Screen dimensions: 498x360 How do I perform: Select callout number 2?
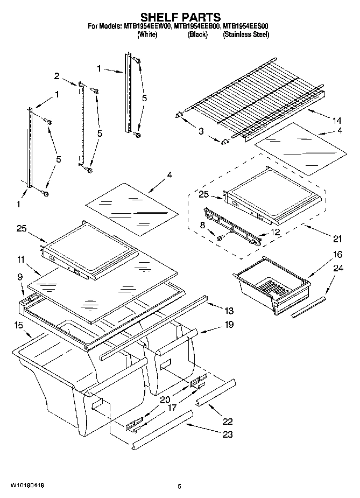click(x=57, y=76)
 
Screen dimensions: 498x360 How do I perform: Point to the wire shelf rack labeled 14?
click(x=253, y=94)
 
